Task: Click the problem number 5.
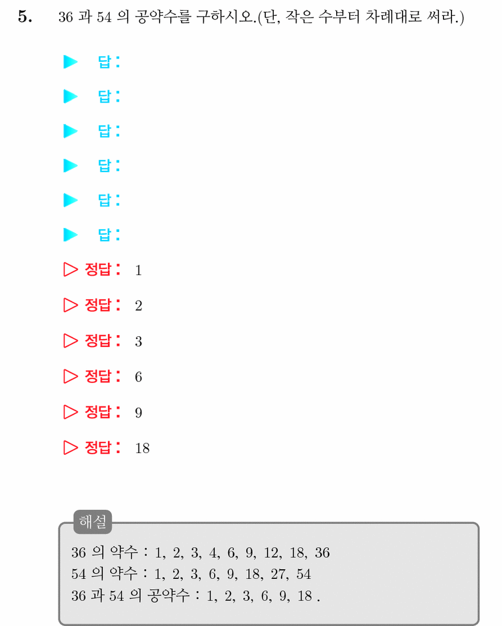tap(25, 17)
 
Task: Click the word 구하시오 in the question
tap(225, 17)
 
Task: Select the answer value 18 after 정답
tap(143, 449)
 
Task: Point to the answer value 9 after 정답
tap(139, 413)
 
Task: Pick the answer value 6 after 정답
tap(139, 377)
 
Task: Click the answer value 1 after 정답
tap(139, 270)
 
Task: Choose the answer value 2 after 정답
tap(139, 306)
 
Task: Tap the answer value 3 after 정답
tap(139, 341)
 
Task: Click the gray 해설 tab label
tap(93, 522)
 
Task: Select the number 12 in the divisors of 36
tap(271, 553)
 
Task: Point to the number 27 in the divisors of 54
tap(278, 574)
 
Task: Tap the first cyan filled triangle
tap(70, 62)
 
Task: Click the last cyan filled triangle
tap(70, 235)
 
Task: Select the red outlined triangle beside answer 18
tap(70, 447)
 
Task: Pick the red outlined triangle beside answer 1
tap(70, 269)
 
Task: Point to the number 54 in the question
tap(104, 18)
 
